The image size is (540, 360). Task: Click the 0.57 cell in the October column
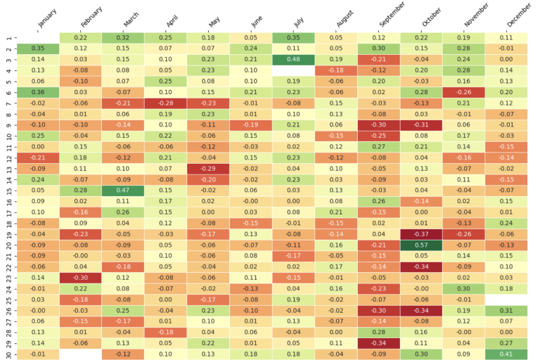coord(423,245)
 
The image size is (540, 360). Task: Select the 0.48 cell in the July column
coord(294,59)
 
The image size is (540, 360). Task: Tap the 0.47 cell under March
coord(122,189)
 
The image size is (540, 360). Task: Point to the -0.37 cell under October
coord(423,233)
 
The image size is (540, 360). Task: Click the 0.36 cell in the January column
coord(37,93)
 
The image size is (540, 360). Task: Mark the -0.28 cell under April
coord(165,104)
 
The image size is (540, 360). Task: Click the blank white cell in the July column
coord(294,70)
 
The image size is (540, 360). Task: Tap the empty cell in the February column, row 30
coord(79,353)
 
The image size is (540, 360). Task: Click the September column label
coord(391,18)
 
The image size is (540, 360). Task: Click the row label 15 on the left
coord(8,190)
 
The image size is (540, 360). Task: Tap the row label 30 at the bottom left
coord(8,353)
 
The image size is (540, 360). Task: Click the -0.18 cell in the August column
coord(337,70)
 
